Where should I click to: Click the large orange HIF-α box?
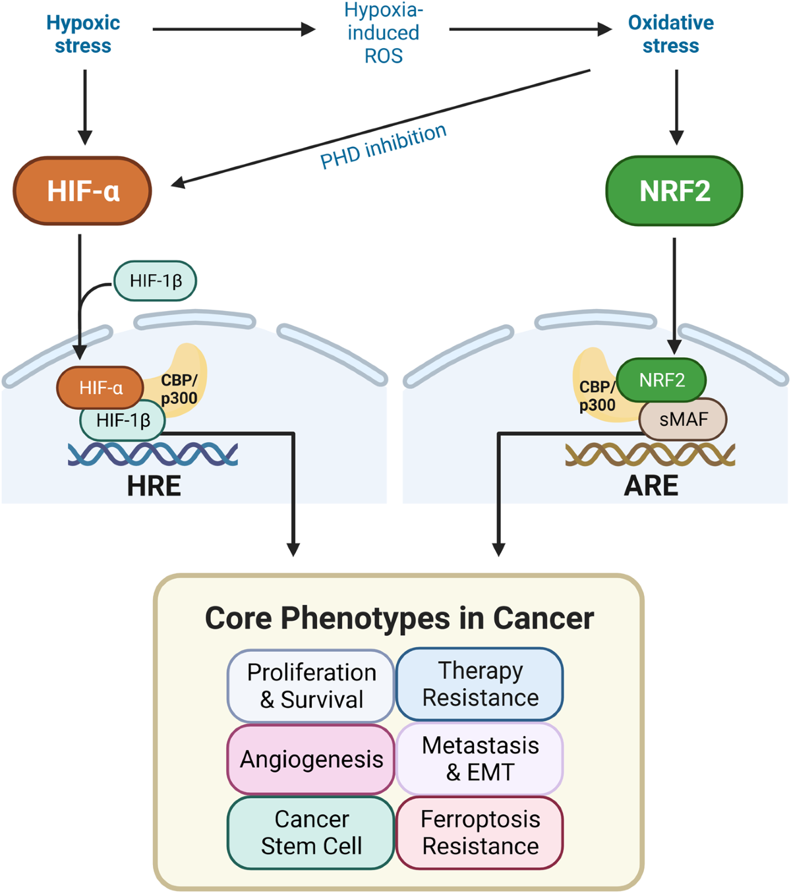point(82,190)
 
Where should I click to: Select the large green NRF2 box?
point(674,190)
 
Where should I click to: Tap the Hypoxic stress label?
point(83,34)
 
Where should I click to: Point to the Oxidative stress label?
point(670,34)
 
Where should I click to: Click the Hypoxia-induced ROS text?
point(383,33)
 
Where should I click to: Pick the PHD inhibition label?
point(383,146)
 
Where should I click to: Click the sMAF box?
point(682,419)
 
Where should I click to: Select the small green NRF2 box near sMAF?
point(661,380)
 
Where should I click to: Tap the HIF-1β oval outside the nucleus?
point(155,281)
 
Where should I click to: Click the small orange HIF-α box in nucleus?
point(100,388)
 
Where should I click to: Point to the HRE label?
point(154,486)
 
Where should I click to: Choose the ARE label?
point(651,486)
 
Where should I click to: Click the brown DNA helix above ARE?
point(650,455)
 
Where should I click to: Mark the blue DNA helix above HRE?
point(152,455)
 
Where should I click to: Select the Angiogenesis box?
point(311,759)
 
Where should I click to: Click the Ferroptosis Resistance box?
point(480,832)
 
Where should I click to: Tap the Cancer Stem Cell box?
point(311,832)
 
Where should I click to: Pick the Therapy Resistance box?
point(480,684)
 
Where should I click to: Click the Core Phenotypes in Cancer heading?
point(399,618)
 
